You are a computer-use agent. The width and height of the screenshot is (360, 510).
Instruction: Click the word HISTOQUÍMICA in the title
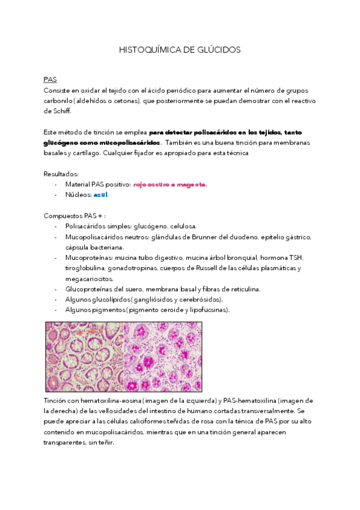coord(147,50)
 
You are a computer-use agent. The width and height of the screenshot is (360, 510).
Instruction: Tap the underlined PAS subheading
coord(50,79)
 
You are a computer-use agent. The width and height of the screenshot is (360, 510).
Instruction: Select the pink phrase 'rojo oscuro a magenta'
coord(170,184)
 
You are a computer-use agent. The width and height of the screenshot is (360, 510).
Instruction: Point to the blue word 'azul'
coord(101,195)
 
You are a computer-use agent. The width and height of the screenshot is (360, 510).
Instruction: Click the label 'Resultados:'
coord(61,174)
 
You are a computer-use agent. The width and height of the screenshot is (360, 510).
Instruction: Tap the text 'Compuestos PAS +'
coord(69,215)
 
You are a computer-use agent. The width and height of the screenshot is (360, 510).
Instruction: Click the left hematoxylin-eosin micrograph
coord(85,356)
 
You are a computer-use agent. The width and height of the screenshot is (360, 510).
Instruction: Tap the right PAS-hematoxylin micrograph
coord(163,356)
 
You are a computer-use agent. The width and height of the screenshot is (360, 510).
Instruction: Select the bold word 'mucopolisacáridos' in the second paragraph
coord(127,143)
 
